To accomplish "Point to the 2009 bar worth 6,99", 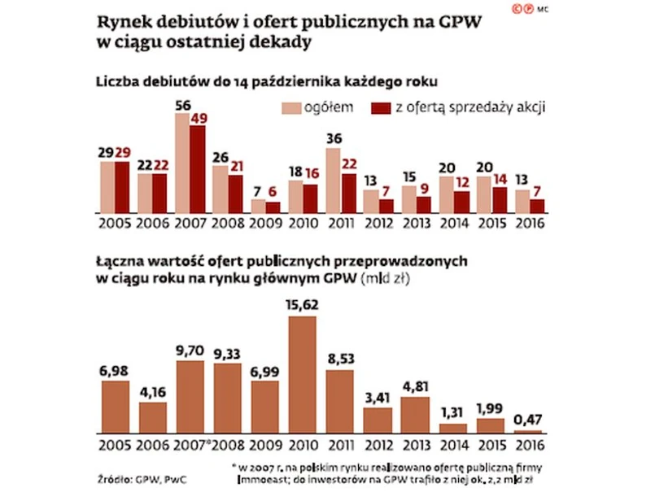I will pos(266,405).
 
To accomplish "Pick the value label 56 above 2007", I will pos(183,105).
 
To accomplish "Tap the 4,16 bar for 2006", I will pos(153,416).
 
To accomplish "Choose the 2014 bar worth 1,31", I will pos(453,427).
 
